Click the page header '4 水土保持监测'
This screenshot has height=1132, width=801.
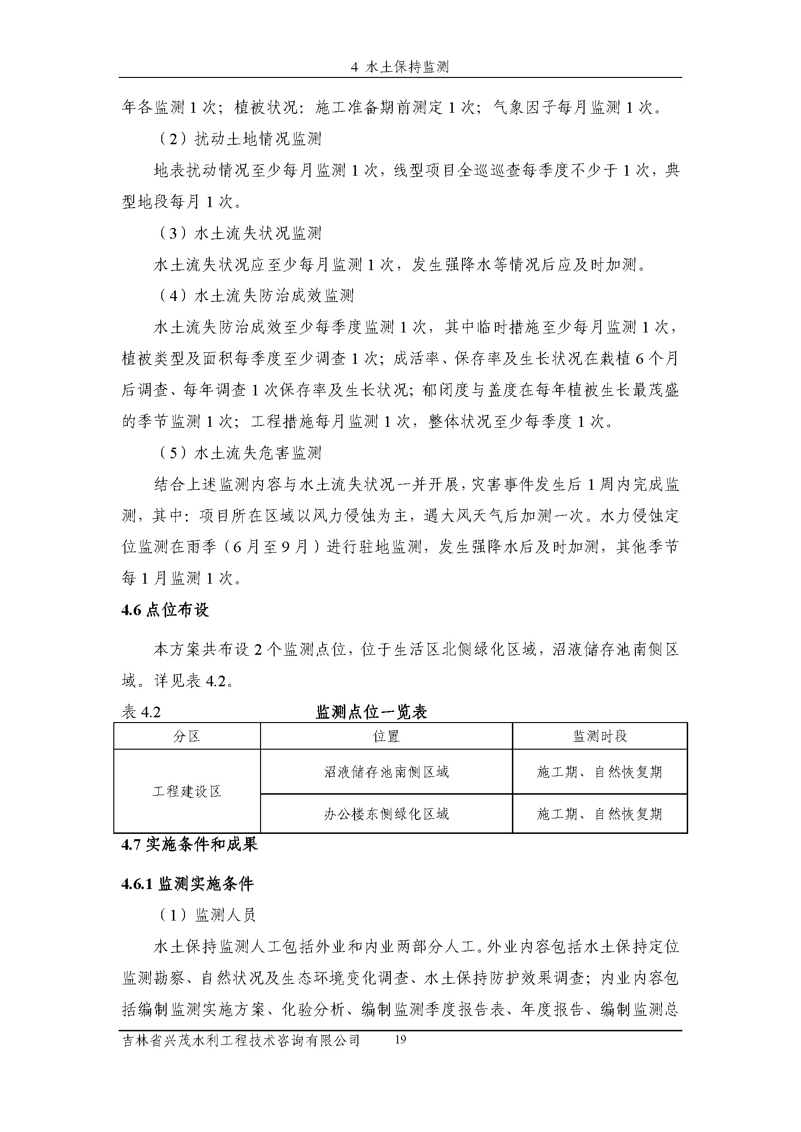[400, 67]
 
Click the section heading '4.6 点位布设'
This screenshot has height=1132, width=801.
[165, 610]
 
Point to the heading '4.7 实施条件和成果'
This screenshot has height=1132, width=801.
[189, 845]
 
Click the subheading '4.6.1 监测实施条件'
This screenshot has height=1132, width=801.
[187, 884]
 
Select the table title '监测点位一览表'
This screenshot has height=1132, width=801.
[371, 712]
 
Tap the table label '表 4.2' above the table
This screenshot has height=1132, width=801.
[141, 712]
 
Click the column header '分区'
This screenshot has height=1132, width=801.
[187, 737]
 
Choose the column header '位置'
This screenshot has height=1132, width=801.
[386, 737]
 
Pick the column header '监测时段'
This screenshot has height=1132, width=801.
[600, 737]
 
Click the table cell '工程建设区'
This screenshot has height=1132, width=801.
[187, 792]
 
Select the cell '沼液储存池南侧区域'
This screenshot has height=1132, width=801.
[386, 771]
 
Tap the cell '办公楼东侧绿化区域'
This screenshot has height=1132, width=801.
[386, 814]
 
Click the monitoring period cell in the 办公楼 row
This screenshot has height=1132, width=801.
[600, 814]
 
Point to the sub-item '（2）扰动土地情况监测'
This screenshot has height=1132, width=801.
[239, 139]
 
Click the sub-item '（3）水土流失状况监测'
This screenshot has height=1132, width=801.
[239, 233]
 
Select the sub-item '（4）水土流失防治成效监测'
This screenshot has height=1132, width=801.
[256, 296]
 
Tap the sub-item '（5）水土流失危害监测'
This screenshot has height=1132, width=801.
[239, 453]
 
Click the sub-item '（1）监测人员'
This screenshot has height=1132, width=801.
[207, 915]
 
